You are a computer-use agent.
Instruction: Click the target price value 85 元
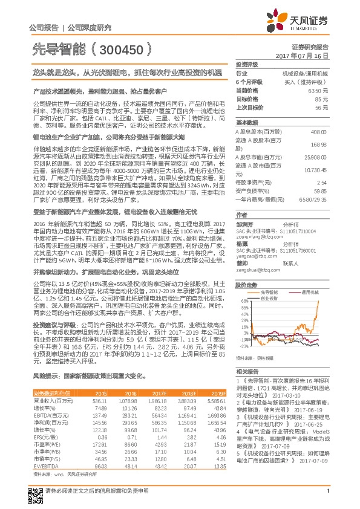pos(322,98)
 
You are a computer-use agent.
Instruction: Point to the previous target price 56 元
pos(322,106)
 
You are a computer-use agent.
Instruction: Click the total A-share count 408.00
pos(318,132)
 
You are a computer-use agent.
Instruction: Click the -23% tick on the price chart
pos(244,346)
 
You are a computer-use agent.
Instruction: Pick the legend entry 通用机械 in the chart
pos(310,291)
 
